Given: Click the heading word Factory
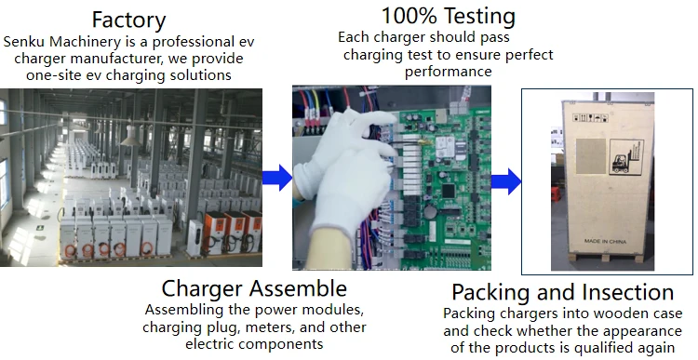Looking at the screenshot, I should [x=129, y=20].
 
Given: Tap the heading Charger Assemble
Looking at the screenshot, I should [x=254, y=288].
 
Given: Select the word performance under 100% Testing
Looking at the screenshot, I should [x=448, y=72].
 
